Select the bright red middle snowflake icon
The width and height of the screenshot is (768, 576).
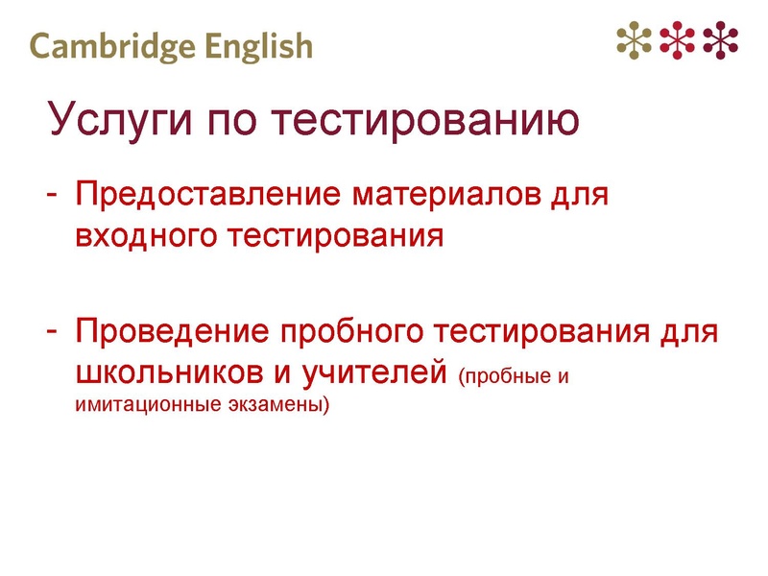[678, 38]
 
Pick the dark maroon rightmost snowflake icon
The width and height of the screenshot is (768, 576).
[721, 38]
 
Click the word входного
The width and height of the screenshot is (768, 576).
[146, 236]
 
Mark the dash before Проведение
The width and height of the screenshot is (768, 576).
[55, 332]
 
